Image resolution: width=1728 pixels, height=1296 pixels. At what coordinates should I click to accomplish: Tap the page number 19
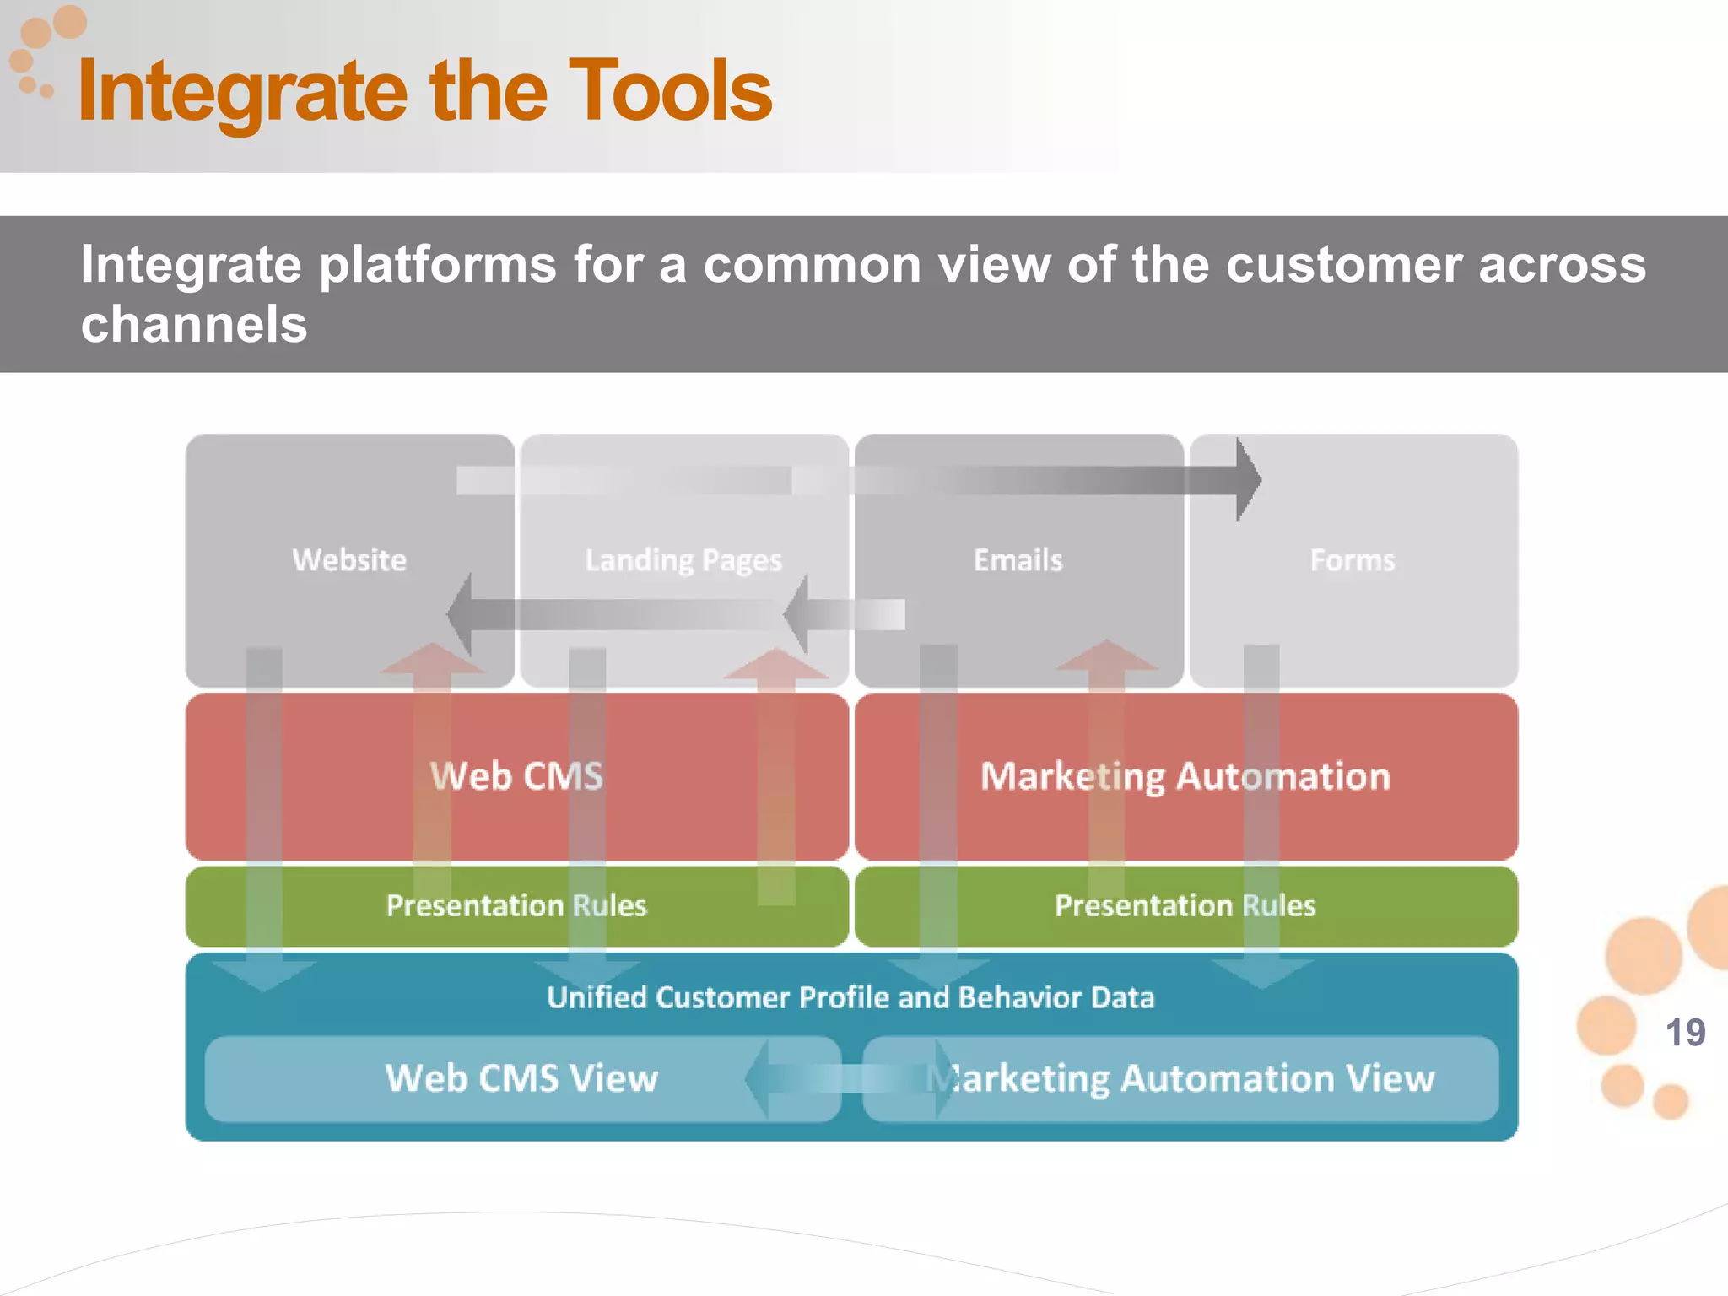pos(1685,1033)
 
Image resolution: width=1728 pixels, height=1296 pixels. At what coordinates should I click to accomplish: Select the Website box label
pos(349,560)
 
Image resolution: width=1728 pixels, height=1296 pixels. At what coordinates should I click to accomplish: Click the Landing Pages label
pos(683,560)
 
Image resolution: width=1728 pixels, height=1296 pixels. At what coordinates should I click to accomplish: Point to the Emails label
pos(1018,560)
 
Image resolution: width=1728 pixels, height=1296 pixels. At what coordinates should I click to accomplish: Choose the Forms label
pos(1352,560)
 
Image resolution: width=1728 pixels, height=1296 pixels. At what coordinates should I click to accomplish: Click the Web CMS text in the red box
pos(517,776)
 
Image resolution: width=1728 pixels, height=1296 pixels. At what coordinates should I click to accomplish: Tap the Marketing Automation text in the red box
pos(1185,776)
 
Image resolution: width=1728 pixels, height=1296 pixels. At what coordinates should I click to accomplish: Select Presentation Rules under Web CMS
pos(516,905)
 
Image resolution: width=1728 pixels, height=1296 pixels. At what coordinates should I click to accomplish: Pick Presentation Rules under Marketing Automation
pos(1185,905)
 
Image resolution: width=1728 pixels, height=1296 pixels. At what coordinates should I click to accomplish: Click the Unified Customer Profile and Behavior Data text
pos(850,997)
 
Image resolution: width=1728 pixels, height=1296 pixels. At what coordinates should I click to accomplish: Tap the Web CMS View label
pos(521,1078)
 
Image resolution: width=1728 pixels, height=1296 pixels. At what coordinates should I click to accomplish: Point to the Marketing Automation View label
pos(1181,1078)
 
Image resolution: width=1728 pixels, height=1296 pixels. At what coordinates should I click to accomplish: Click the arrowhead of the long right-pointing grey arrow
pos(1247,479)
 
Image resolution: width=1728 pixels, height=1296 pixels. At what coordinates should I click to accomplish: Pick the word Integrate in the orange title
pos(243,91)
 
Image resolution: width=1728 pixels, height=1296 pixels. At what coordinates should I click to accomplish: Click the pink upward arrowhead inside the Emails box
pos(1106,656)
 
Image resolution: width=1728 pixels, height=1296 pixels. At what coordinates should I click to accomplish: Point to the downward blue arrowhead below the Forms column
pos(1261,973)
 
